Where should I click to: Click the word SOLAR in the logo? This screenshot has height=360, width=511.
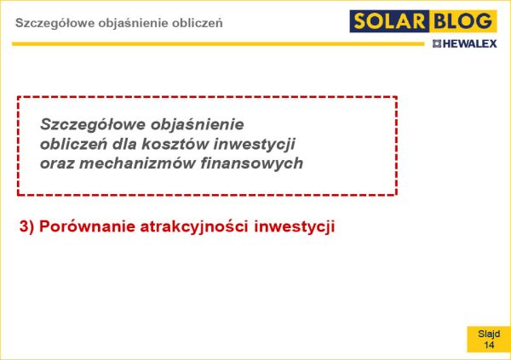pyautogui.click(x=389, y=21)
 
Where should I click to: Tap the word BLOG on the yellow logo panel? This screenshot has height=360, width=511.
pyautogui.click(x=463, y=21)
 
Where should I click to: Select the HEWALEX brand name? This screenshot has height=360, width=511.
pyautogui.click(x=469, y=43)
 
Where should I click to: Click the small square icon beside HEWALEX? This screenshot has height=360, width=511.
pyautogui.click(x=437, y=43)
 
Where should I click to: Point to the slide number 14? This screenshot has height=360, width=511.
pyautogui.click(x=489, y=345)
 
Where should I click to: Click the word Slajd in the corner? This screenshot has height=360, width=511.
pyautogui.click(x=489, y=334)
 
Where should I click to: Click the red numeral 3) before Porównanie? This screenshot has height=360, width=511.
pyautogui.click(x=26, y=227)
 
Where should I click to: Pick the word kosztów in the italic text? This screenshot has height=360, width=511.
pyautogui.click(x=175, y=144)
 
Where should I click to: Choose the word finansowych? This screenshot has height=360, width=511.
pyautogui.click(x=251, y=163)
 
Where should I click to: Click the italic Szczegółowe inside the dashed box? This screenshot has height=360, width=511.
pyautogui.click(x=92, y=125)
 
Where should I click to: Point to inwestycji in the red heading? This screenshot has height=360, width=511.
pyautogui.click(x=295, y=227)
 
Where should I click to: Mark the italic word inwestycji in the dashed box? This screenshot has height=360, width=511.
pyautogui.click(x=254, y=145)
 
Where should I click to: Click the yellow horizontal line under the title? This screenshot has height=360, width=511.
pyautogui.click(x=218, y=43)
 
